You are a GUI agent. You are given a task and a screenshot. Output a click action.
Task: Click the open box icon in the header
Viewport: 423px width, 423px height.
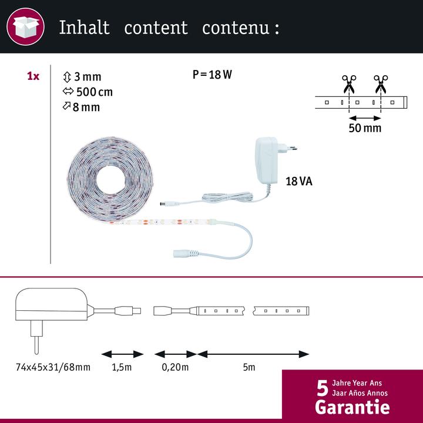(26, 26)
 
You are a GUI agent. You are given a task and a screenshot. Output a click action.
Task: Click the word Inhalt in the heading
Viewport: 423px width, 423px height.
(85, 28)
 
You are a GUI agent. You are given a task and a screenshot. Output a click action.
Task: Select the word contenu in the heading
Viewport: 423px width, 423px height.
(236, 28)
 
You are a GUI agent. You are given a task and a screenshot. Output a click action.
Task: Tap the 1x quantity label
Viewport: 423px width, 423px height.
(33, 76)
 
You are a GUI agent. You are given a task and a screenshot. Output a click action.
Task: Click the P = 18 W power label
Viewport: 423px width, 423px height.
(212, 75)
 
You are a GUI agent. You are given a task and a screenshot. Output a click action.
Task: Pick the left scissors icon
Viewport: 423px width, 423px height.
(349, 84)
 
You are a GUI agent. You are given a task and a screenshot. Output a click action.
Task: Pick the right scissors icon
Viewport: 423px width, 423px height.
(381, 84)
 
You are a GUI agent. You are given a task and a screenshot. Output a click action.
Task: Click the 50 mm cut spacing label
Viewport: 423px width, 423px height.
(365, 128)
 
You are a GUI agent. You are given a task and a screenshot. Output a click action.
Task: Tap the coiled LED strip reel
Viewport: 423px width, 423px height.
(110, 179)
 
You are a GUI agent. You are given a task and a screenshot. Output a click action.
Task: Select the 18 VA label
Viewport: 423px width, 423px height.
(299, 182)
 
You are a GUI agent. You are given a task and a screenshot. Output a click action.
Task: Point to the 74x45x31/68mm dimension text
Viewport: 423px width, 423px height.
(53, 367)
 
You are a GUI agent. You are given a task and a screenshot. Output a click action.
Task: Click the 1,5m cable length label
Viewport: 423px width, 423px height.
(122, 367)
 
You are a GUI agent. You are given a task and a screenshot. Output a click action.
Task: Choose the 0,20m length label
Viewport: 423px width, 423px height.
(175, 367)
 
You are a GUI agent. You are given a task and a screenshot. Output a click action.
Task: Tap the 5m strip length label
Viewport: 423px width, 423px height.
(249, 367)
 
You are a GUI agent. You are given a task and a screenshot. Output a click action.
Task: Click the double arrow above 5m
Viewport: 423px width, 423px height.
(253, 354)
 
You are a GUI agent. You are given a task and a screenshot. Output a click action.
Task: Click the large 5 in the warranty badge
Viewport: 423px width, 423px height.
(323, 388)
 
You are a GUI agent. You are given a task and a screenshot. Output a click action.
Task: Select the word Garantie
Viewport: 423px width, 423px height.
(352, 407)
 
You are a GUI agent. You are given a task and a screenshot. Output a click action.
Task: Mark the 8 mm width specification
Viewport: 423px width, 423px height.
(81, 107)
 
